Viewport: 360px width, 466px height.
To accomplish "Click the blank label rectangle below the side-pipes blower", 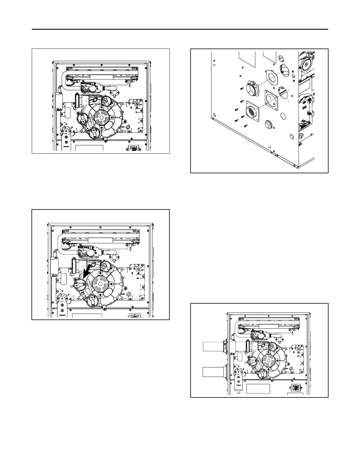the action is pos(258,389).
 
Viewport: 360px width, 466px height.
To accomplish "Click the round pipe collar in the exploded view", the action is pos(254,88).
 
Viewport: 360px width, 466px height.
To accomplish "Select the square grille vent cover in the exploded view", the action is pos(252,111).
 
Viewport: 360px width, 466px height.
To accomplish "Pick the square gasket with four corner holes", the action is pos(271,100).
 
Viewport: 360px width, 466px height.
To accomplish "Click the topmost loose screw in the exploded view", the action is pos(241,87).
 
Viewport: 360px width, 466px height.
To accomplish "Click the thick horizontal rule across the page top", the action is pos(180,29).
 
